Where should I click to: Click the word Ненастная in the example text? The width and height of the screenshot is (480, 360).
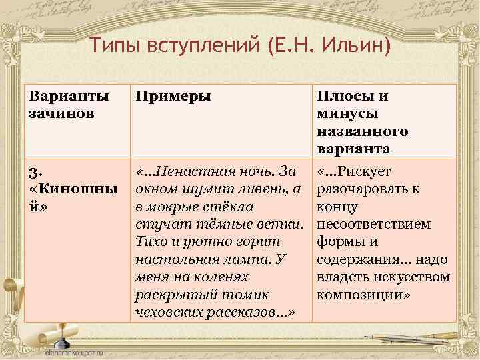click(193, 172)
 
